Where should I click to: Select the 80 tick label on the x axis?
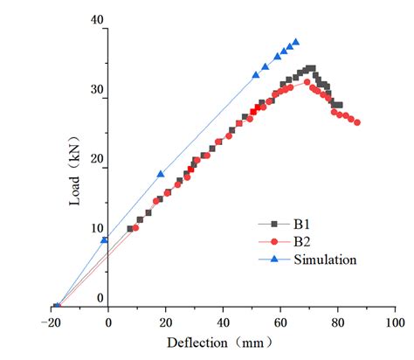coord(337,321)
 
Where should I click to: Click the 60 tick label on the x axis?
coord(280,321)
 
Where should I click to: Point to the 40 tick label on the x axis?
coord(223,321)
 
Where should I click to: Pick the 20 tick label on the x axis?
coord(165,321)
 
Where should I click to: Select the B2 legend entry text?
coord(304,240)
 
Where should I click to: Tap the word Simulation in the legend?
coord(326,259)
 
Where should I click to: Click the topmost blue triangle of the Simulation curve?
coord(296,41)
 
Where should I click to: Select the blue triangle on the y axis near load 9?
coord(105,239)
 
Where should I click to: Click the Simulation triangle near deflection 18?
coord(160,174)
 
